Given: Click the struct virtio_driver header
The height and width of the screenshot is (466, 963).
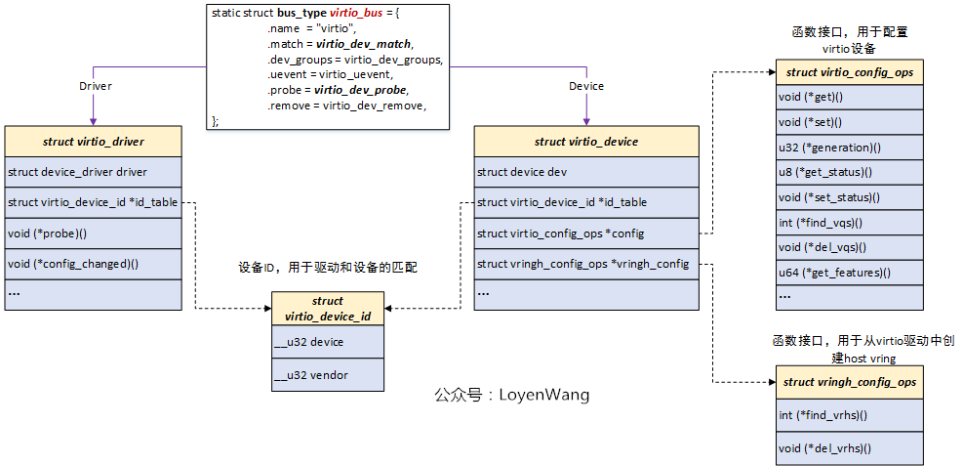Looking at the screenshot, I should pyautogui.click(x=94, y=142).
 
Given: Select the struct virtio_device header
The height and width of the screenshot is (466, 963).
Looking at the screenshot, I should pyautogui.click(x=586, y=142).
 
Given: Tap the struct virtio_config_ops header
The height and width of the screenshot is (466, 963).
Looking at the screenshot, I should pyautogui.click(x=850, y=72).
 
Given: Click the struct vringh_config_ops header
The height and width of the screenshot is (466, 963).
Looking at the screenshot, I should pyautogui.click(x=850, y=382).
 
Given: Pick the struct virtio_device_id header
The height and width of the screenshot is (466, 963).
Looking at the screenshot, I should pyautogui.click(x=328, y=309).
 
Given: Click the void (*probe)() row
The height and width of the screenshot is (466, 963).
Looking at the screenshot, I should pyautogui.click(x=94, y=233).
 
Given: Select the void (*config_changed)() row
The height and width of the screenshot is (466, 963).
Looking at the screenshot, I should pyautogui.click(x=94, y=264).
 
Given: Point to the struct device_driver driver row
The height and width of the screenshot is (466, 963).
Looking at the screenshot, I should pyautogui.click(x=94, y=172).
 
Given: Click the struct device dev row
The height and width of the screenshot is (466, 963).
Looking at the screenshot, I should pyautogui.click(x=586, y=172).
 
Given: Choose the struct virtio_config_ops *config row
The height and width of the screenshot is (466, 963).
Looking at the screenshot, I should pyautogui.click(x=586, y=233).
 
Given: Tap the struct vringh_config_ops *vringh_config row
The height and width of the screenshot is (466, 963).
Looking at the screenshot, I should pyautogui.click(x=586, y=264).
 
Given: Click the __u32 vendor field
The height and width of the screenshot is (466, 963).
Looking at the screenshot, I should pyautogui.click(x=328, y=375).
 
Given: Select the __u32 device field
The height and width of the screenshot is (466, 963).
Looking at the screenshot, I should pyautogui.click(x=328, y=343).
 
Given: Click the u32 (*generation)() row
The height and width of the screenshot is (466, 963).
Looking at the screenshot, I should pyautogui.click(x=850, y=148).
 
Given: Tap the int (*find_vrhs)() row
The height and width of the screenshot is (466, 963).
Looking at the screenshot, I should pyautogui.click(x=850, y=415).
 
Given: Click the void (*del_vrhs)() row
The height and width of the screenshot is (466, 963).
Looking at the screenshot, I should pyautogui.click(x=850, y=448).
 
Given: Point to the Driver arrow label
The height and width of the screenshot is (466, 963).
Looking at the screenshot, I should pyautogui.click(x=95, y=86).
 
